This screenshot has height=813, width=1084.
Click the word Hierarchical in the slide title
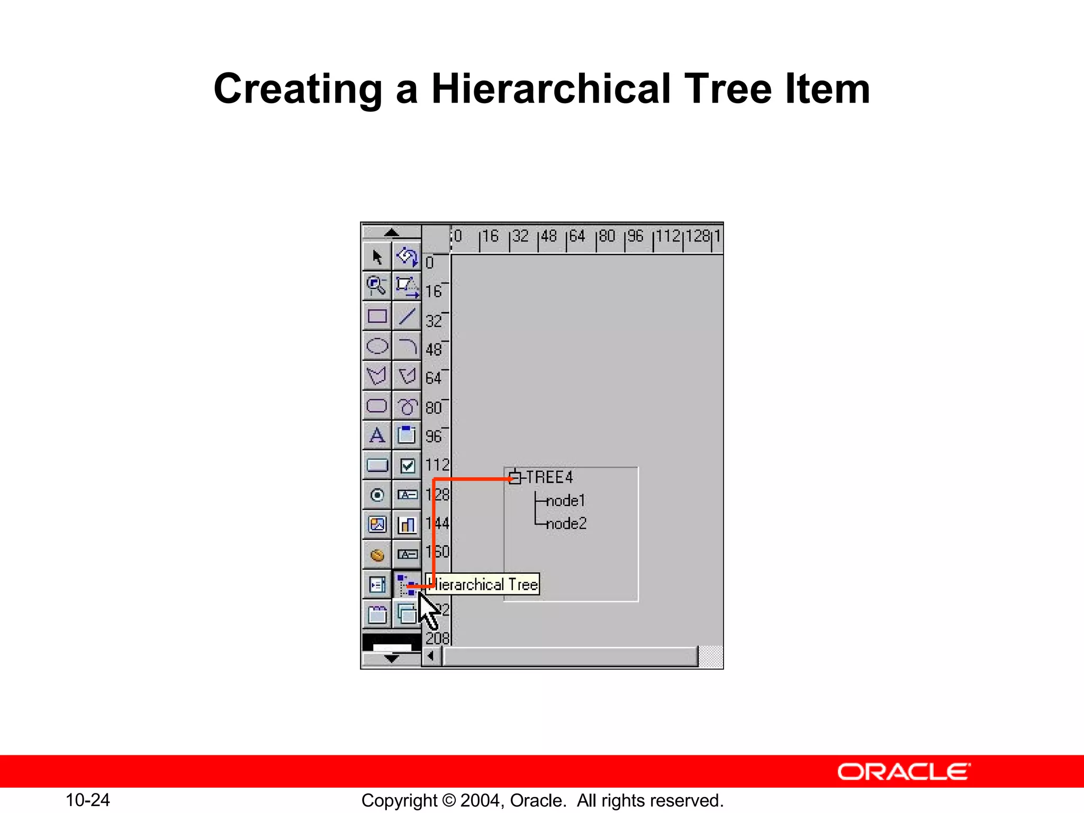pyautogui.click(x=550, y=89)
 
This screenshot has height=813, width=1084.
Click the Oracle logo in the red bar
pyautogui.click(x=904, y=772)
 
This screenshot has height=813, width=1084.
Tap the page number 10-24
pyautogui.click(x=87, y=800)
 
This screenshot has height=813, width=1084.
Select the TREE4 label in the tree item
pyautogui.click(x=549, y=477)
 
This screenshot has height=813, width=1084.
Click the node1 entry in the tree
pyautogui.click(x=565, y=501)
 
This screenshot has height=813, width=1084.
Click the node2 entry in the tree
pyautogui.click(x=566, y=524)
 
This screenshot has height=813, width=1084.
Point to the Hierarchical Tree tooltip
pyautogui.click(x=484, y=584)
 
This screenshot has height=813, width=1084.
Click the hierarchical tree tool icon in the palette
pyautogui.click(x=406, y=584)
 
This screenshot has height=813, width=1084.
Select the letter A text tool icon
pyautogui.click(x=377, y=436)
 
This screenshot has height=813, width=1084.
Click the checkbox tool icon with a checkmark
pyautogui.click(x=407, y=466)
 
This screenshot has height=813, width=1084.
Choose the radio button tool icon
pyautogui.click(x=377, y=495)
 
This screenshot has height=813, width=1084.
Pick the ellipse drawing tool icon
pyautogui.click(x=377, y=346)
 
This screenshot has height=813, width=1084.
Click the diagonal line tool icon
pyautogui.click(x=407, y=317)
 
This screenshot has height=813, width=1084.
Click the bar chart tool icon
pyautogui.click(x=407, y=525)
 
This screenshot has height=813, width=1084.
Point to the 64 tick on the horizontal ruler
pyautogui.click(x=576, y=237)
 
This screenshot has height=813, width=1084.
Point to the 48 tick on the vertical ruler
pyautogui.click(x=434, y=349)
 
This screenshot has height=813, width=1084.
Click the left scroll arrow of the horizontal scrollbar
pyautogui.click(x=431, y=656)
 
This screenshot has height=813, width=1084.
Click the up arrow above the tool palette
pyautogui.click(x=391, y=232)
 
